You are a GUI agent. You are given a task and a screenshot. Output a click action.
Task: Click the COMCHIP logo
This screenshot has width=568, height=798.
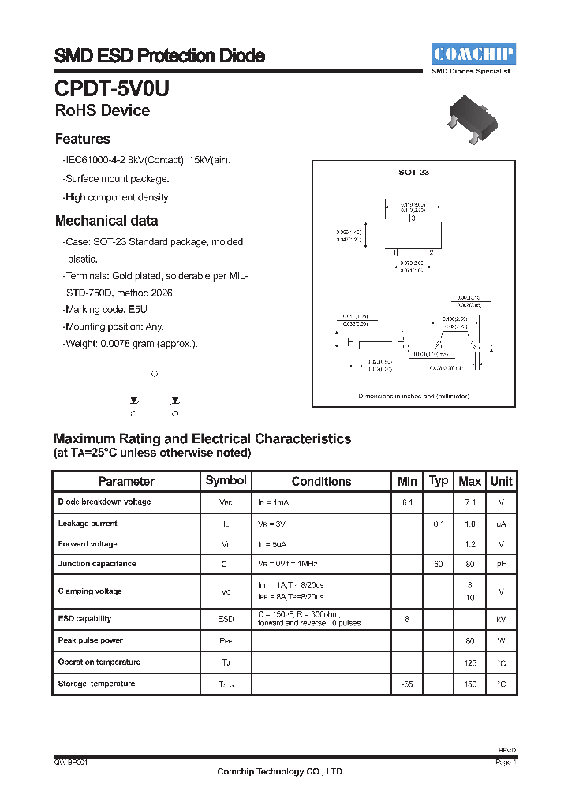click(473, 54)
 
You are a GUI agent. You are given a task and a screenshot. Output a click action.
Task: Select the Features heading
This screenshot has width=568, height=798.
click(82, 139)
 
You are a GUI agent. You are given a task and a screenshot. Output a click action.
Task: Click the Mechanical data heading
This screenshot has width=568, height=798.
click(106, 221)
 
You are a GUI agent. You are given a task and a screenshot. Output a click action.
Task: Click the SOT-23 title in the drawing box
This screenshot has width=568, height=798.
click(413, 171)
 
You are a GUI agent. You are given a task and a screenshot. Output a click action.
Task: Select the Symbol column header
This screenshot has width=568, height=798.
click(226, 480)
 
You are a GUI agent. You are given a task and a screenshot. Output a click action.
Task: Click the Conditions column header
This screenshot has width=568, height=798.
click(321, 481)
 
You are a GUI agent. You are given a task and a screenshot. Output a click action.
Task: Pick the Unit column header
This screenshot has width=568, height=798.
click(501, 481)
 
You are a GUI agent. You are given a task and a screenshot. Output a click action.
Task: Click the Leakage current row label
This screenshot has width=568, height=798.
click(88, 523)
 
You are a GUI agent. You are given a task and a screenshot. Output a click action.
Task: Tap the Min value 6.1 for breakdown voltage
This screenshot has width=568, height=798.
click(407, 502)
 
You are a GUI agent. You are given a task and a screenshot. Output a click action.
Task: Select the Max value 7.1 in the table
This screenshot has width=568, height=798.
click(470, 502)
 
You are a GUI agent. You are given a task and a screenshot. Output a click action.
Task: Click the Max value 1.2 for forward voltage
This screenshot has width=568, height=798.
click(470, 544)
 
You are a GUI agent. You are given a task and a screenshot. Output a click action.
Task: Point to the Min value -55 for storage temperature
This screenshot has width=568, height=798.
click(407, 684)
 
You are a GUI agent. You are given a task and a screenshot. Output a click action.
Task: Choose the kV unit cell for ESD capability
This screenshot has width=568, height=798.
click(501, 620)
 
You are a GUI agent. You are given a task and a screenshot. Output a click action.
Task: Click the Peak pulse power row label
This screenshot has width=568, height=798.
click(90, 640)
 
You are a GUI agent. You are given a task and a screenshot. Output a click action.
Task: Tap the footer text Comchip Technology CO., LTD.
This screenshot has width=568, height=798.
click(281, 772)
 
